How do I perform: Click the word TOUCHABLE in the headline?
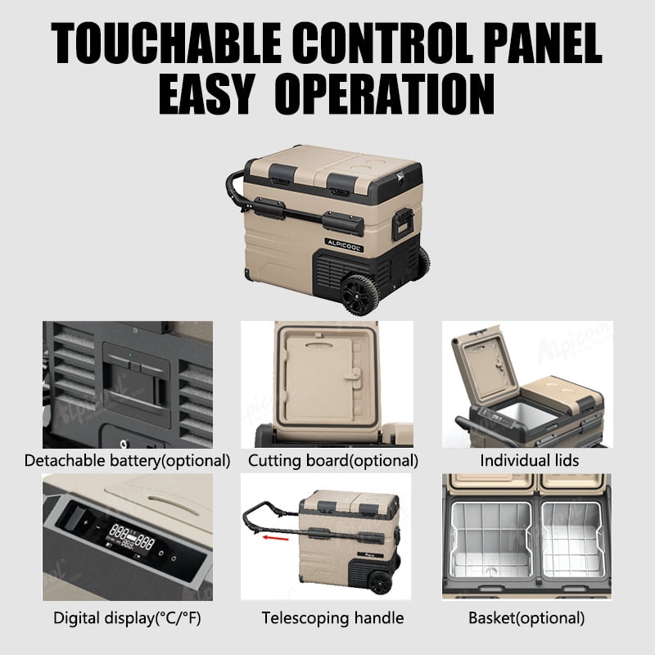(x=166, y=43)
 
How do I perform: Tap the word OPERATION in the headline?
(x=384, y=94)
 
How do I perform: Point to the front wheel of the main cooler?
(x=359, y=294)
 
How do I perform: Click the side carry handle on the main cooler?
(x=403, y=224)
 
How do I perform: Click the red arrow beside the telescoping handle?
(x=275, y=538)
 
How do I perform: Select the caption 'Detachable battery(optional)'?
(x=128, y=461)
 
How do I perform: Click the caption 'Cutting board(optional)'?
(x=333, y=461)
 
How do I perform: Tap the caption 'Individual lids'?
(x=529, y=460)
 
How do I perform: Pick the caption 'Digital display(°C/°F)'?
(x=127, y=618)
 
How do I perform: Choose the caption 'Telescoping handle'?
(x=332, y=618)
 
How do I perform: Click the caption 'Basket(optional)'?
(x=526, y=618)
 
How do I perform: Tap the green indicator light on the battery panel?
(x=130, y=355)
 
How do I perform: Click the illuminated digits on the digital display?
(x=132, y=537)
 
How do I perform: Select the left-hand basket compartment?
(x=492, y=540)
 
